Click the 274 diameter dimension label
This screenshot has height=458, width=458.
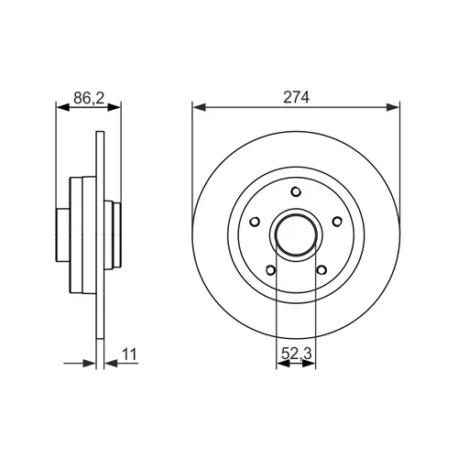point(296,97)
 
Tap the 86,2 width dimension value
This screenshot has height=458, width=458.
point(89,98)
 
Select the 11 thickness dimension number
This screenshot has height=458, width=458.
point(130,354)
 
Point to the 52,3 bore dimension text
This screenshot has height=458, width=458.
point(296,354)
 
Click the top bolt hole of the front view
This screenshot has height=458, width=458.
point(296,191)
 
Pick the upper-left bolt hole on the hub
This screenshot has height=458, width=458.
point(255,222)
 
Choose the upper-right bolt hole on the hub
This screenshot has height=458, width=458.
point(337,222)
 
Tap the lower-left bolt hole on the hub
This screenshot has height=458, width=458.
point(270,270)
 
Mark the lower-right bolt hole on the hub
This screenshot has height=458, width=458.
point(322,270)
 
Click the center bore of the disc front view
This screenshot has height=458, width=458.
point(296,234)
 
